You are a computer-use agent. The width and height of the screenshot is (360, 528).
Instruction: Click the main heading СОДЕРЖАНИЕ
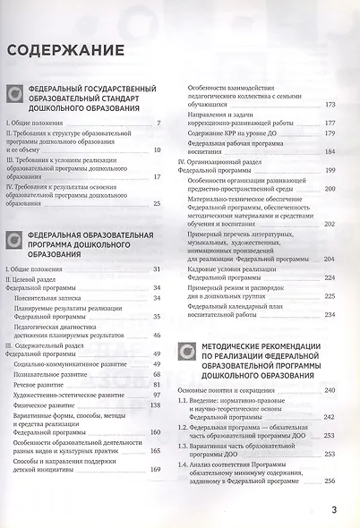click(64, 50)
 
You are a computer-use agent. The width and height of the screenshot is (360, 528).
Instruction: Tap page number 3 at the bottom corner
click(334, 510)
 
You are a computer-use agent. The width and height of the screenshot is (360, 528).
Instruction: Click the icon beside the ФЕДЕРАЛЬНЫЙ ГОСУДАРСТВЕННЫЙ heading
click(15, 91)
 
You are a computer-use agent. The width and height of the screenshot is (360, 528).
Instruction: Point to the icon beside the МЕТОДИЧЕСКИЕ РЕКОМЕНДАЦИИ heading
click(187, 353)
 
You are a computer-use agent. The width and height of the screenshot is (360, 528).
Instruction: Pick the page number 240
click(330, 390)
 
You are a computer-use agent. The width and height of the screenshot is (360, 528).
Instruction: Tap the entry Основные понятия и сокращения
click(225, 391)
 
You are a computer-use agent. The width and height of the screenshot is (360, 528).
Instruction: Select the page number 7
click(159, 122)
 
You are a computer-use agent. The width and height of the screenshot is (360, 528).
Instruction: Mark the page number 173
click(330, 104)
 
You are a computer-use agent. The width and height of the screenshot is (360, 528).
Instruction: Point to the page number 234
click(330, 314)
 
